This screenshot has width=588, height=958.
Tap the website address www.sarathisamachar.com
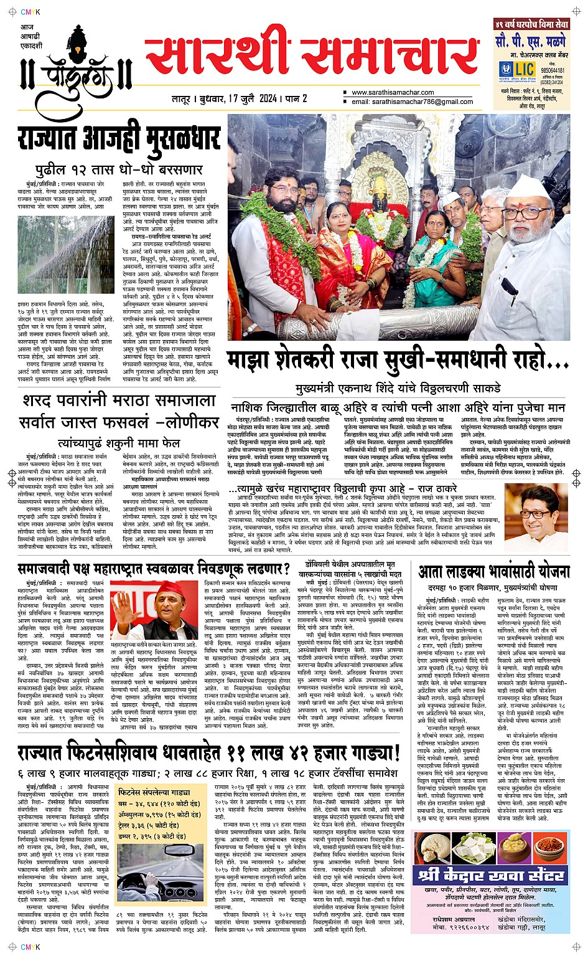click(393, 93)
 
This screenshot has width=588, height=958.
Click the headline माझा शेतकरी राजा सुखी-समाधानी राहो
click(398, 361)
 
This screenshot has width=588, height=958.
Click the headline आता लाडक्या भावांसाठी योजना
click(494, 571)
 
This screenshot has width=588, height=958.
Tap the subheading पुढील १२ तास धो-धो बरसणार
click(119, 169)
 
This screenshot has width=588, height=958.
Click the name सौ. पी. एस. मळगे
click(531, 42)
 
